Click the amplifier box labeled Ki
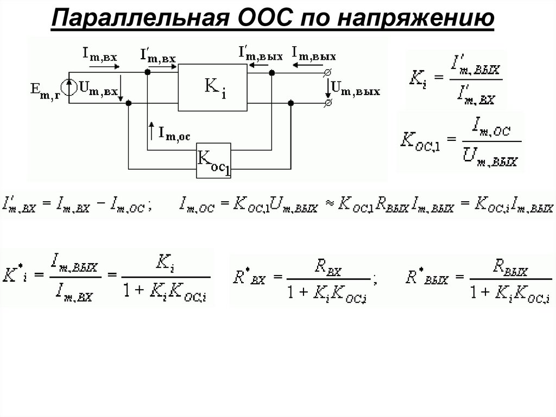pos(213,87)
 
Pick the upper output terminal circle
pos(327,72)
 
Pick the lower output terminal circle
pos(327,102)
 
